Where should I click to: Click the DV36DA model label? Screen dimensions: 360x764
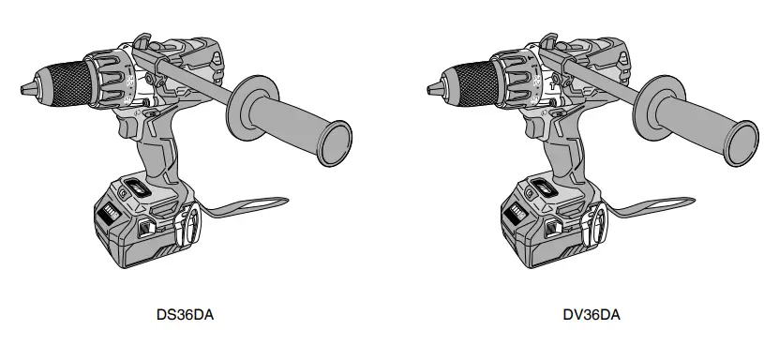[x=592, y=316]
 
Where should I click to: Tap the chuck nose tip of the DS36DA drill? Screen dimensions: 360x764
[x=23, y=90]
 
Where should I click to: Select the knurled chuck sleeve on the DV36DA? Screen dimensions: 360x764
[x=472, y=81]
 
